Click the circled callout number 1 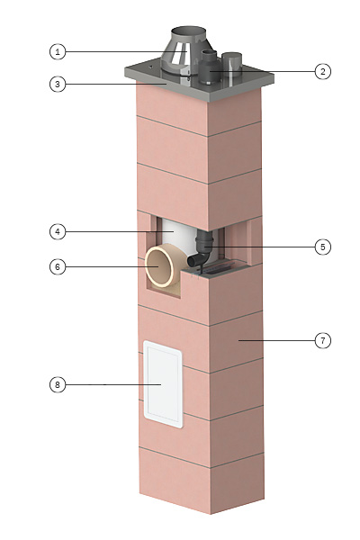point(58,52)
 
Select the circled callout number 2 point(322,72)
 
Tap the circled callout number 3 point(58,84)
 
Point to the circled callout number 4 point(58,232)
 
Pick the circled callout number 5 point(322,247)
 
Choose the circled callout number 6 point(58,267)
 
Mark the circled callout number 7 point(322,340)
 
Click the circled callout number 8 point(58,384)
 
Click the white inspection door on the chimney point(163,384)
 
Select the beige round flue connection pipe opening point(159,266)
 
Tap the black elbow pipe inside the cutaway point(202,248)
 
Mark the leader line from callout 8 point(113,384)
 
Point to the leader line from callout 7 point(276,340)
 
